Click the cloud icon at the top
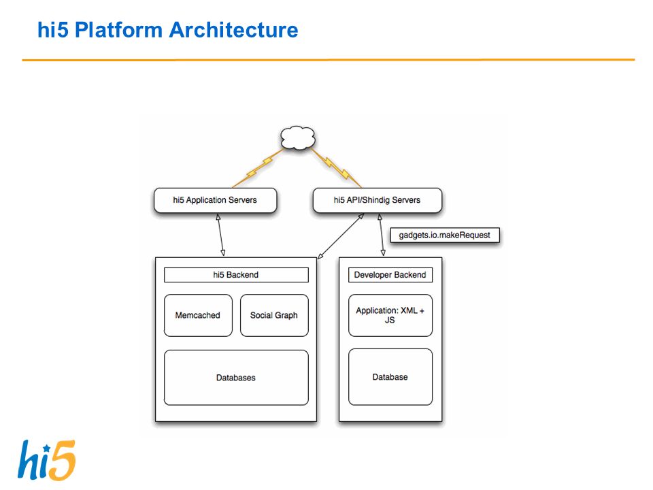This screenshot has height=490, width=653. pyautogui.click(x=298, y=138)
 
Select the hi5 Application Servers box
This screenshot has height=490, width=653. pyautogui.click(x=216, y=200)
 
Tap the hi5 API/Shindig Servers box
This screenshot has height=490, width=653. pyautogui.click(x=378, y=200)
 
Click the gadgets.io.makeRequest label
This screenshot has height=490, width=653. pyautogui.click(x=445, y=235)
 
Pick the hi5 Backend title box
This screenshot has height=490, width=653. pyautogui.click(x=236, y=275)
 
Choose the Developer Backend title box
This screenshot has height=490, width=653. pyautogui.click(x=390, y=275)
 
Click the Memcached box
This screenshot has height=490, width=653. pyautogui.click(x=198, y=315)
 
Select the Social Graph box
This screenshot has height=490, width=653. pyautogui.click(x=274, y=315)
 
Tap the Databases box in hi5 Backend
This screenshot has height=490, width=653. pyautogui.click(x=236, y=378)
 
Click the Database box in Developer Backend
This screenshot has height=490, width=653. pyautogui.click(x=390, y=377)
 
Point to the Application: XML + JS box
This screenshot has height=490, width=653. pyautogui.click(x=390, y=315)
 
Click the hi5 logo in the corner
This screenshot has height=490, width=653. pyautogui.click(x=47, y=460)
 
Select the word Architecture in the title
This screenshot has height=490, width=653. pyautogui.click(x=233, y=30)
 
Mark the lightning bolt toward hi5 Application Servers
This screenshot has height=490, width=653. pyautogui.click(x=258, y=168)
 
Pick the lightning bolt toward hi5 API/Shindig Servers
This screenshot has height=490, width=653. pyautogui.click(x=335, y=168)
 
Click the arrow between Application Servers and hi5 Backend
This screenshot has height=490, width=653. pyautogui.click(x=220, y=235)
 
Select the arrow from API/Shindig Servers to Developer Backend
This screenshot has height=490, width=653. pyautogui.click(x=382, y=235)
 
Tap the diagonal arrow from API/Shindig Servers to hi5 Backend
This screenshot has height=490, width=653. pyautogui.click(x=341, y=236)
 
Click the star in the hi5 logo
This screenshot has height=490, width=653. pyautogui.click(x=47, y=448)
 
